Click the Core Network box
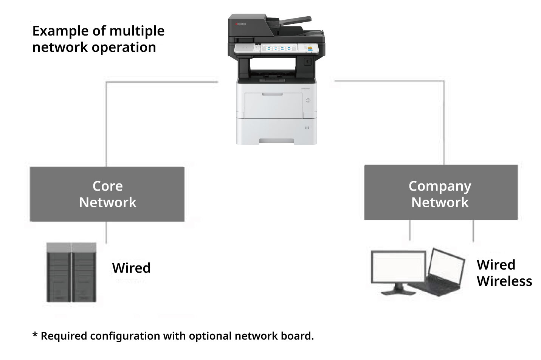pos(107,194)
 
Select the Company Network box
pos(440,192)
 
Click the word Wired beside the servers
pos(131,268)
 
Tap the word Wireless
pos(504,281)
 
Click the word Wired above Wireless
pos(496,265)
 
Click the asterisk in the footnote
pos(35,335)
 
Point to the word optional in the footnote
pos(211,336)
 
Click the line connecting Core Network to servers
pos(106,232)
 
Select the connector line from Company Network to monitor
pos(410,230)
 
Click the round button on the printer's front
pos(308,101)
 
